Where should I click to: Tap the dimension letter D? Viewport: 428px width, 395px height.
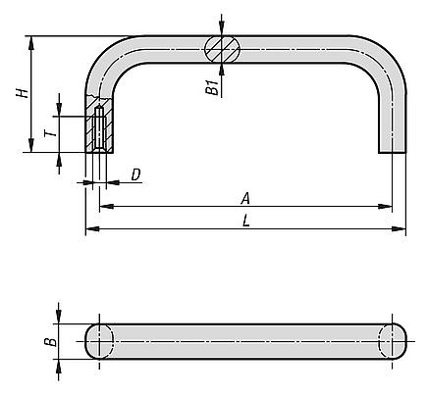tap(136, 174)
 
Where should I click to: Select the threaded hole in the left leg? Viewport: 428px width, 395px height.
tap(100, 128)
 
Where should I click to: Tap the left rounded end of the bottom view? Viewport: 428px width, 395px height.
tap(101, 341)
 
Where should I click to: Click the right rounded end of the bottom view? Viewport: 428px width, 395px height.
tap(392, 341)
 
